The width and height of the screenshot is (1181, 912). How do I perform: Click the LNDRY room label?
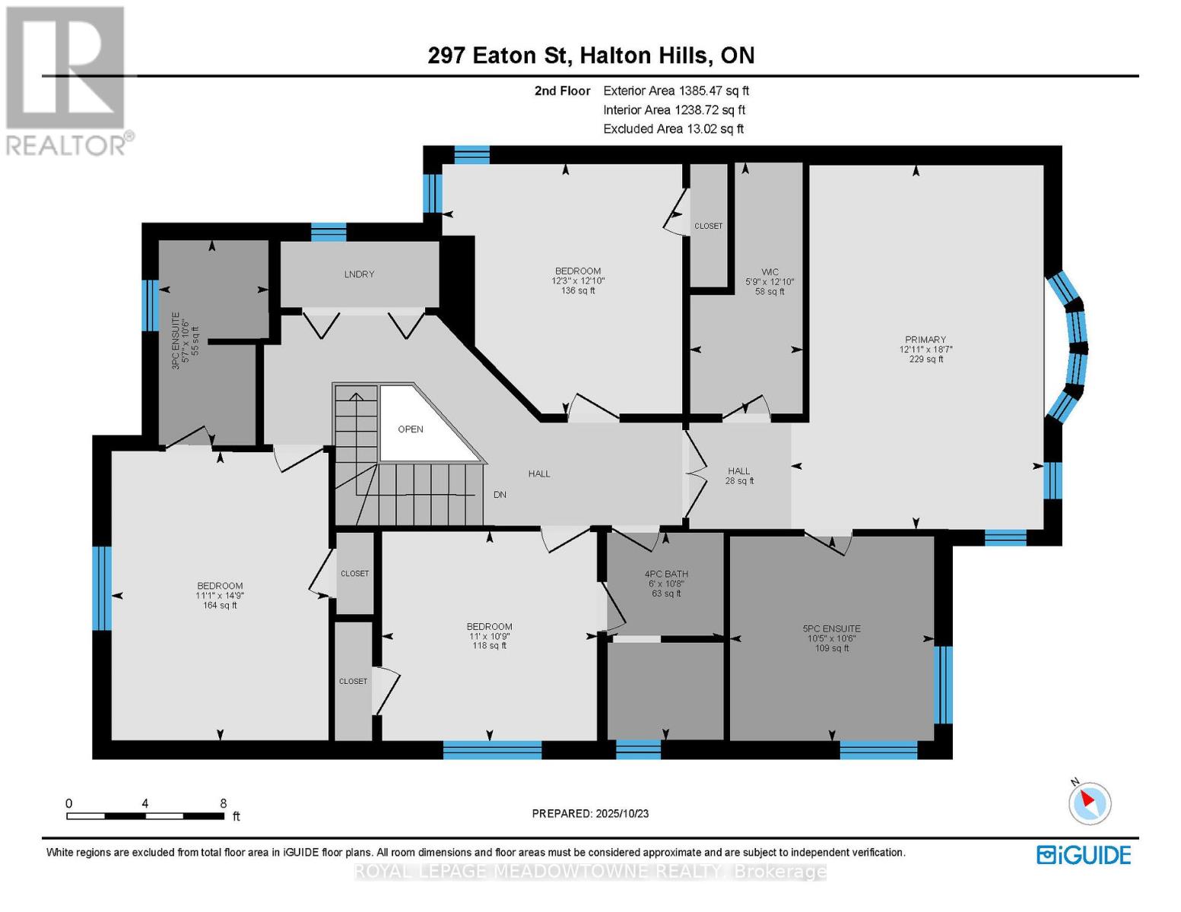point(359,274)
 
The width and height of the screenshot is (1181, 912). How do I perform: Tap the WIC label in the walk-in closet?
point(770,271)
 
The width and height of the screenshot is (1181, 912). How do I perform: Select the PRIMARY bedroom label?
point(925,340)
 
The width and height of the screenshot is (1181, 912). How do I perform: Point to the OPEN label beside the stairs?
point(411,429)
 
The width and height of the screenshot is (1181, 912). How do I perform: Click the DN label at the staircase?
point(500,494)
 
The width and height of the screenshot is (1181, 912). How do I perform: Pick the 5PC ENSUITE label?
point(831,629)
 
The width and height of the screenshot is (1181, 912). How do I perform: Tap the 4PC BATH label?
point(666,574)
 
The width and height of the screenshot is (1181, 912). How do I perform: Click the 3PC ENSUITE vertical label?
point(176,340)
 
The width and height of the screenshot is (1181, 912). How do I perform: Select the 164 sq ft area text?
point(220,605)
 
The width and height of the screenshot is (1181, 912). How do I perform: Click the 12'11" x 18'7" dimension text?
point(925,350)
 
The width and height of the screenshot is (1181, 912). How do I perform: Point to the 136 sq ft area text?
point(578,290)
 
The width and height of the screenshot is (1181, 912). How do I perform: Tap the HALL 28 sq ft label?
point(739,476)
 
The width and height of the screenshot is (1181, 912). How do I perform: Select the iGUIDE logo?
point(1084,855)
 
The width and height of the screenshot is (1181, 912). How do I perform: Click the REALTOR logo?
point(68,81)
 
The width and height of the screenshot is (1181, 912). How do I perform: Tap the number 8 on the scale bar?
point(223,803)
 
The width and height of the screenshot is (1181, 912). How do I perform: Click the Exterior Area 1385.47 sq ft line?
point(676,90)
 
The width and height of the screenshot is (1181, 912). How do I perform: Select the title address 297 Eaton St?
point(499,55)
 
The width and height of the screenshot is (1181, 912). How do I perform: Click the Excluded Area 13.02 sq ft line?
point(673,128)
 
